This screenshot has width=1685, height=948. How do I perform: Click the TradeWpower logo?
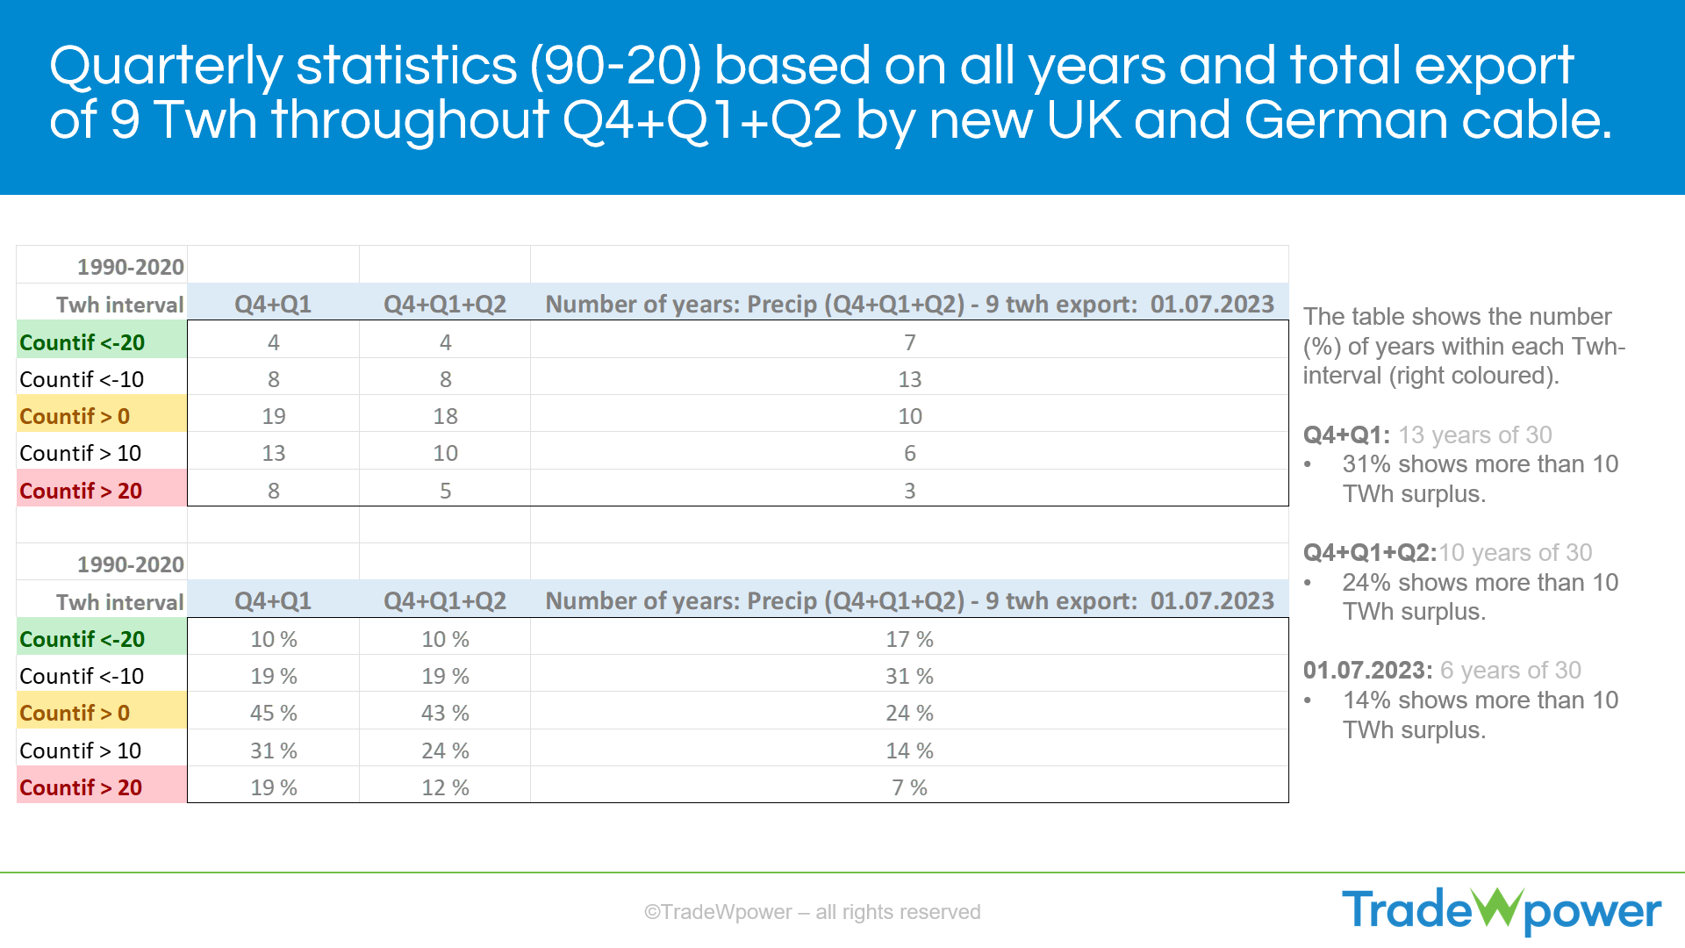1501,910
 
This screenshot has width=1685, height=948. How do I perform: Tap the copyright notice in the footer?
812,912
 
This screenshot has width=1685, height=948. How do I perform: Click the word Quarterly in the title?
165,67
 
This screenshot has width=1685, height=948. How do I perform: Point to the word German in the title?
1345,120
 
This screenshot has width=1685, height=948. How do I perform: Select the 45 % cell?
273,713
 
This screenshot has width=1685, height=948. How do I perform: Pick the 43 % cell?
445,713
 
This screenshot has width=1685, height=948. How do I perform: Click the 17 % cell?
909,639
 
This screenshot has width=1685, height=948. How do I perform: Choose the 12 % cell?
445,787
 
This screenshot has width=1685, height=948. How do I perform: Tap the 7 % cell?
909,787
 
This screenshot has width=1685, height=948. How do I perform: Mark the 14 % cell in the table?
909,750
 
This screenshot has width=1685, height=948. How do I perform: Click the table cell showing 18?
445,416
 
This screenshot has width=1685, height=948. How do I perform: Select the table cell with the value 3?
909,491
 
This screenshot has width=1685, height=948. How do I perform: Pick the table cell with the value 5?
445,491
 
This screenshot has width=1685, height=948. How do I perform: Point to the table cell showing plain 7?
909,342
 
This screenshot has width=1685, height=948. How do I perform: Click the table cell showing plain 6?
909,453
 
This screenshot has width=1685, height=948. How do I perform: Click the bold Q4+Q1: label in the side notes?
1346,435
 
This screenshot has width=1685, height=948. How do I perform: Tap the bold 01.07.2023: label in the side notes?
1367,671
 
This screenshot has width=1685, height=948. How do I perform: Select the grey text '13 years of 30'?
1474,435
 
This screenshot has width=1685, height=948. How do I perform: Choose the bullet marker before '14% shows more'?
1309,700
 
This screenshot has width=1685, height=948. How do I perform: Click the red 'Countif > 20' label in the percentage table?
81,787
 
